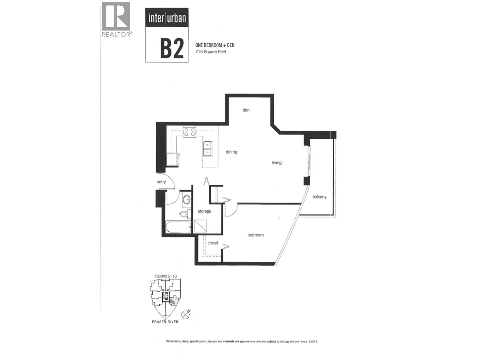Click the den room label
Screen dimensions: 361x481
pos(246,110)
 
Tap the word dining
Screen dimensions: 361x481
pos(231,152)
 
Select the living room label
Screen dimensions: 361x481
pos(277,162)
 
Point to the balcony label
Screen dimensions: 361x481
pos(319,197)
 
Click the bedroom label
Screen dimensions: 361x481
pos(256,235)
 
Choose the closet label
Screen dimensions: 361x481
pos(213,243)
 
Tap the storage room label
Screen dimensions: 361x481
pos(204,211)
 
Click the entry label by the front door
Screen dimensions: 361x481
pos(161,182)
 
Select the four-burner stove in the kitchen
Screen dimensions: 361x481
pos(189,132)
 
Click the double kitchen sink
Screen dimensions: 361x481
pos(207,149)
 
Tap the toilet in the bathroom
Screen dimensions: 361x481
pos(184,214)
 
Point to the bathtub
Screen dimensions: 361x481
pos(178,227)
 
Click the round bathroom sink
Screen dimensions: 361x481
pos(187,199)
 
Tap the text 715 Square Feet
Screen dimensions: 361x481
pos(210,52)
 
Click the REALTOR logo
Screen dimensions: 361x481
pos(116,20)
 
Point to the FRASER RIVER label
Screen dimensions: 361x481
pos(165,322)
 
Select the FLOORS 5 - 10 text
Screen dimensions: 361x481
pos(165,276)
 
